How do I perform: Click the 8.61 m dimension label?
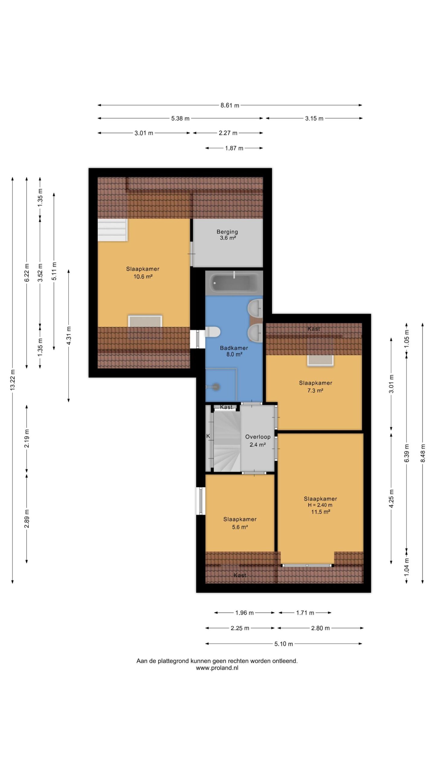coord(230,105)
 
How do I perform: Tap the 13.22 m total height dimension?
coord(12,380)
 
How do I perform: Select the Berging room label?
coord(227,232)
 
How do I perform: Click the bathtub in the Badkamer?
coord(234,283)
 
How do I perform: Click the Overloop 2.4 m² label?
coord(258,441)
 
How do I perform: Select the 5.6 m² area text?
coord(240,527)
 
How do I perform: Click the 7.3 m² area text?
coord(315,390)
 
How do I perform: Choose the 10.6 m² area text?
coord(143,276)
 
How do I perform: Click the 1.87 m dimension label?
coord(234,148)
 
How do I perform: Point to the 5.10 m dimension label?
coord(284,644)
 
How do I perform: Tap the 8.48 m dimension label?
coord(423,453)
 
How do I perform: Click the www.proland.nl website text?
coord(217,668)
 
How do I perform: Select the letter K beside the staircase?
coord(208,436)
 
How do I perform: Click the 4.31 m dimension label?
coord(69,336)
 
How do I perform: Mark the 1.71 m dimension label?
coord(305,613)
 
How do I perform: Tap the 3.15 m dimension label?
coord(314,118)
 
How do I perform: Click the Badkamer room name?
coord(234,348)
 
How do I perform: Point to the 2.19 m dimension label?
coord(27,438)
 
